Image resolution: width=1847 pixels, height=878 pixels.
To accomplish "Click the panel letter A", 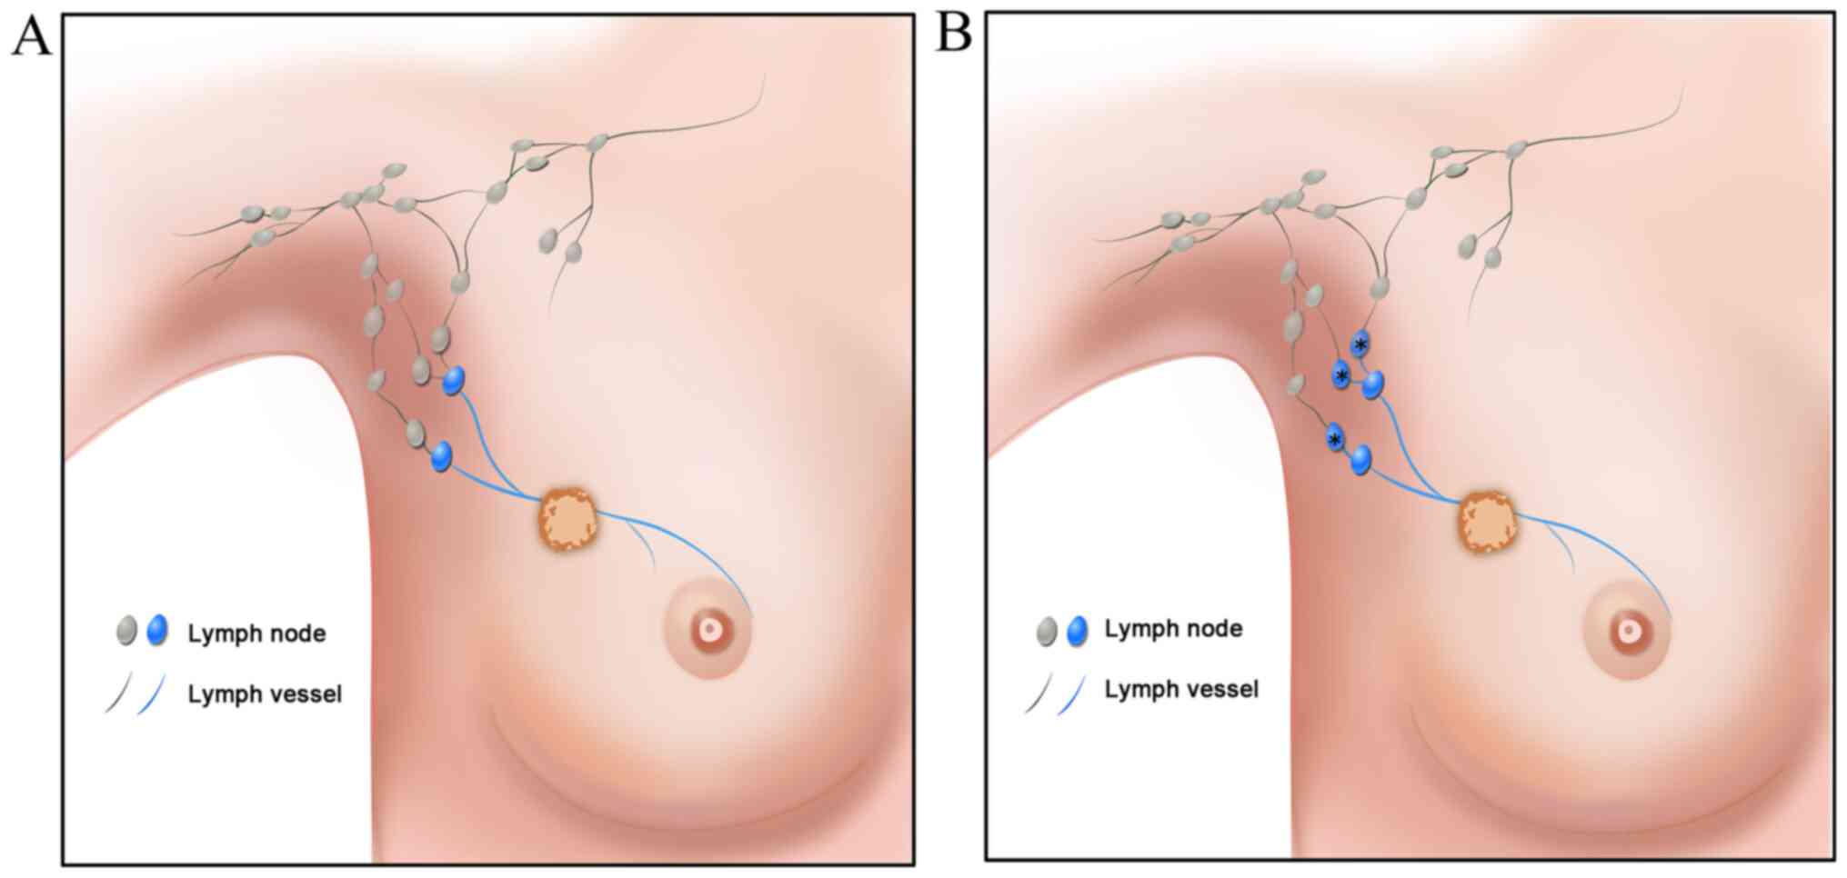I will click(x=31, y=38).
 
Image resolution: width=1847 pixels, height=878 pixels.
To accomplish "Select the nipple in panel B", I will click(x=1628, y=630).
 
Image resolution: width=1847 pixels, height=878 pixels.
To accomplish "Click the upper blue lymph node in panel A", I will click(x=454, y=380).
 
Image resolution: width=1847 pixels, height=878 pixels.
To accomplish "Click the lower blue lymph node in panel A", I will click(x=442, y=455).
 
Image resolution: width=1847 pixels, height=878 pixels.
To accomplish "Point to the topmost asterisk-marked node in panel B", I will click(x=1360, y=344).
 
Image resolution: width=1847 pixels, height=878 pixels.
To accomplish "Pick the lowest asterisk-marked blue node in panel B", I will click(x=1334, y=439).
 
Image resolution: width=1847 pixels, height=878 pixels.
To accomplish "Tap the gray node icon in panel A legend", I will click(x=126, y=630).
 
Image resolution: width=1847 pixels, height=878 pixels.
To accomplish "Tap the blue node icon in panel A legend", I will click(x=157, y=629).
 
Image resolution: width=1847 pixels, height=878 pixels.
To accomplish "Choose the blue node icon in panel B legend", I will click(x=1078, y=630).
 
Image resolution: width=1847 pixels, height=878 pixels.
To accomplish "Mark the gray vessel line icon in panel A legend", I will click(x=118, y=693).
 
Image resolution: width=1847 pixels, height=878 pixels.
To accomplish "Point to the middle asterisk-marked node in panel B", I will click(x=1340, y=375).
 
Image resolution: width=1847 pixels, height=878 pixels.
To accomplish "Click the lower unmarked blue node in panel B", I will click(x=1360, y=459).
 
